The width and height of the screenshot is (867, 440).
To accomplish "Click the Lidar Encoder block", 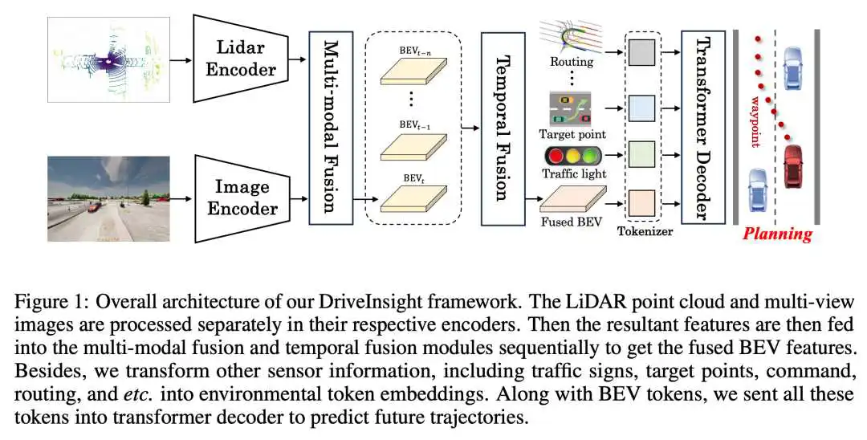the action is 241,58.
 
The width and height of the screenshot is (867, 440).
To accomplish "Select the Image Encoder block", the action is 241,198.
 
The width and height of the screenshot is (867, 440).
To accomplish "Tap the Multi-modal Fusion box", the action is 331,128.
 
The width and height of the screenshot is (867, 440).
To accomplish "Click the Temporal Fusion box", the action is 503,128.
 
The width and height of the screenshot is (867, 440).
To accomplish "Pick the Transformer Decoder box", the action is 702,128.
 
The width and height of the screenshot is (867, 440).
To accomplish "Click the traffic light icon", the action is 573,157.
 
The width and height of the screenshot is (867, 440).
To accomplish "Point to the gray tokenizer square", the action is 642,52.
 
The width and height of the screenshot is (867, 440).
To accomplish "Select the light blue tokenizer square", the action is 642,108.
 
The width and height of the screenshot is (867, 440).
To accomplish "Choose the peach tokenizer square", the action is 642,203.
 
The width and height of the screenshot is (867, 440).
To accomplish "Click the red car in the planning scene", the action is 794,165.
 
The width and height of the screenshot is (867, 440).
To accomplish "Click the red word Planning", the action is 777,234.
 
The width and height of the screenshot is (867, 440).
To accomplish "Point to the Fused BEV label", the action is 572,222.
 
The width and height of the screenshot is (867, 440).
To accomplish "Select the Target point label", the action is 573,134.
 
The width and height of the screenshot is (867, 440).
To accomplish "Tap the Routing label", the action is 572,62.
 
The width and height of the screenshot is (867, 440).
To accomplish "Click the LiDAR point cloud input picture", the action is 108,59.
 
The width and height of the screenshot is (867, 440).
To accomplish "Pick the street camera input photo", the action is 108,198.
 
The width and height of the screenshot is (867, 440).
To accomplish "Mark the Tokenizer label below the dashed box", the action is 645,231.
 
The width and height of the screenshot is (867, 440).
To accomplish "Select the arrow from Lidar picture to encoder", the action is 181,59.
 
